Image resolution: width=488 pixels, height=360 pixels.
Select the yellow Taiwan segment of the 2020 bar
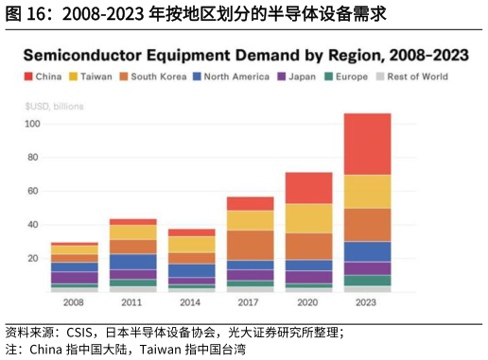tap(309, 217)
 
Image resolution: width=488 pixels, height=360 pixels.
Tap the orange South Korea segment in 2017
tap(251, 245)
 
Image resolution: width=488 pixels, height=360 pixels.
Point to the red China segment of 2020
tap(309, 187)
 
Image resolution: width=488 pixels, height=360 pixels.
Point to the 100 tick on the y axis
tap(33, 124)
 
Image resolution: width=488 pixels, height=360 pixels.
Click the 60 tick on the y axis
tap(35, 191)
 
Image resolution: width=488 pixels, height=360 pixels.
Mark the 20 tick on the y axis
tap(35, 258)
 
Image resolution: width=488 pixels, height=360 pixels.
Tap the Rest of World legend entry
tap(410, 77)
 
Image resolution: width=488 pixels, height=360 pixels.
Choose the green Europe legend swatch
tap(329, 77)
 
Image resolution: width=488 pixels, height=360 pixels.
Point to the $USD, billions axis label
tap(54, 106)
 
